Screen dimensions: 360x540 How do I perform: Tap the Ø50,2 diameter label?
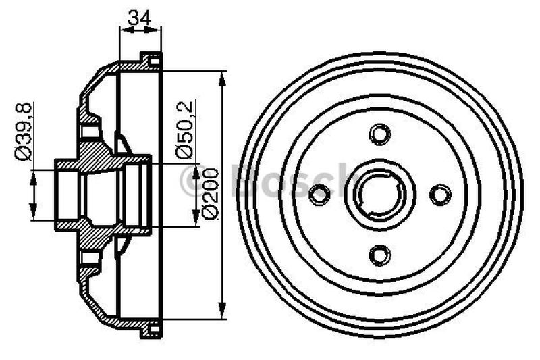[x=186, y=129]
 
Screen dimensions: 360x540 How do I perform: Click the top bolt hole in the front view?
[x=380, y=132]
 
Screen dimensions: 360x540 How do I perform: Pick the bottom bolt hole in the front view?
[x=380, y=255]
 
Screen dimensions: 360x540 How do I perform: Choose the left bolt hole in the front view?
[x=319, y=195]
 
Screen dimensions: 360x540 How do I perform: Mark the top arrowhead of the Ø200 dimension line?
[x=223, y=76]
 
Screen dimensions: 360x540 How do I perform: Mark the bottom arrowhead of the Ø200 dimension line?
[x=223, y=314]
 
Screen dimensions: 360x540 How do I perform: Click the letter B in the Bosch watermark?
[x=244, y=180]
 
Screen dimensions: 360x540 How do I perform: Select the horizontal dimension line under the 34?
[x=140, y=28]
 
